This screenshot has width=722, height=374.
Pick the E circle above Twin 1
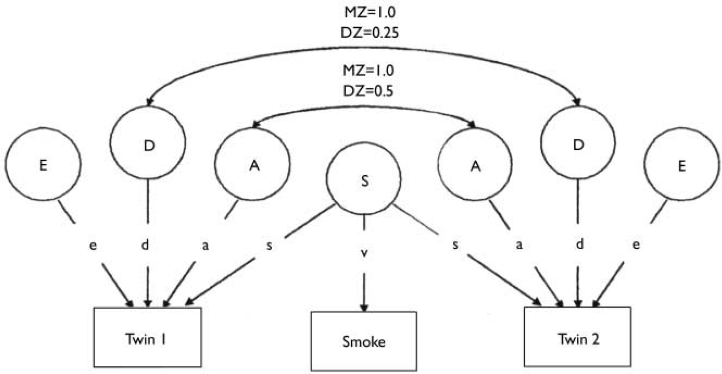point(43,166)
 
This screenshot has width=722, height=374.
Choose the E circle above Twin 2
point(682,166)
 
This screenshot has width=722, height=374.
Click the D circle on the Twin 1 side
point(148,145)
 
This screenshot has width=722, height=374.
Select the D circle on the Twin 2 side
point(579,145)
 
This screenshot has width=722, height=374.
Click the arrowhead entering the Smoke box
point(363,307)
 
